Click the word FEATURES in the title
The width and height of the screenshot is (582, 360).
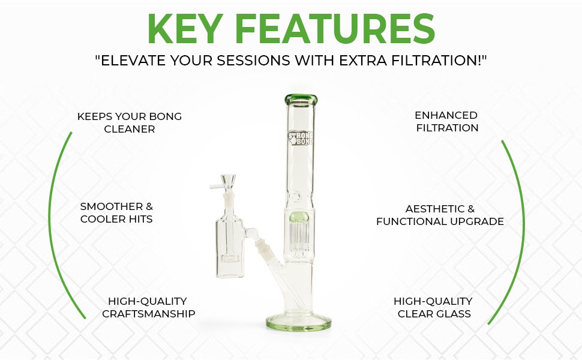click(335, 29)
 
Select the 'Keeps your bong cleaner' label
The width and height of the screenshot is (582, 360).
click(130, 122)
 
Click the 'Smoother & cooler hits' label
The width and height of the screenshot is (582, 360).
click(116, 212)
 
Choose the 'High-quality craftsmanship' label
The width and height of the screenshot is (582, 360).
click(148, 307)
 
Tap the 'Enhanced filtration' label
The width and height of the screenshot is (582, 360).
click(446, 121)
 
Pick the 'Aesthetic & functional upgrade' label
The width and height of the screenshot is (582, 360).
click(440, 215)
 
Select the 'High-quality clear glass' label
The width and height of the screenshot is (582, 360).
click(433, 307)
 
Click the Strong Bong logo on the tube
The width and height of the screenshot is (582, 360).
click(300, 137)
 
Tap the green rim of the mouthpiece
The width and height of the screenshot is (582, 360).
click(301, 99)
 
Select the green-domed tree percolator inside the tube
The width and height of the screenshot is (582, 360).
click(299, 235)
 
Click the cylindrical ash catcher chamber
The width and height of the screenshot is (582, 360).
click(229, 248)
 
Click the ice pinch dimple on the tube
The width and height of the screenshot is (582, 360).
click(295, 196)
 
